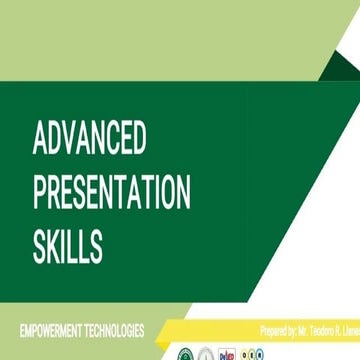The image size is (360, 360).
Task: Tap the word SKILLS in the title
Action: coord(67,245)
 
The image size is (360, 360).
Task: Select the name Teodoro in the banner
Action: coord(330,332)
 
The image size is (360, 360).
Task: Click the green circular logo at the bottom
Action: coord(185,354)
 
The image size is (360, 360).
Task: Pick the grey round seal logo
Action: coord(206,354)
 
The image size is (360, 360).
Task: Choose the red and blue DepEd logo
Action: coord(228,354)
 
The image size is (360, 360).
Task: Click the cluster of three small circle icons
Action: coord(253,354)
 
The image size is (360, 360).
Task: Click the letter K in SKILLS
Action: coord(58,245)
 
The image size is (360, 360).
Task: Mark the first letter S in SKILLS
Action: coord(41,245)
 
